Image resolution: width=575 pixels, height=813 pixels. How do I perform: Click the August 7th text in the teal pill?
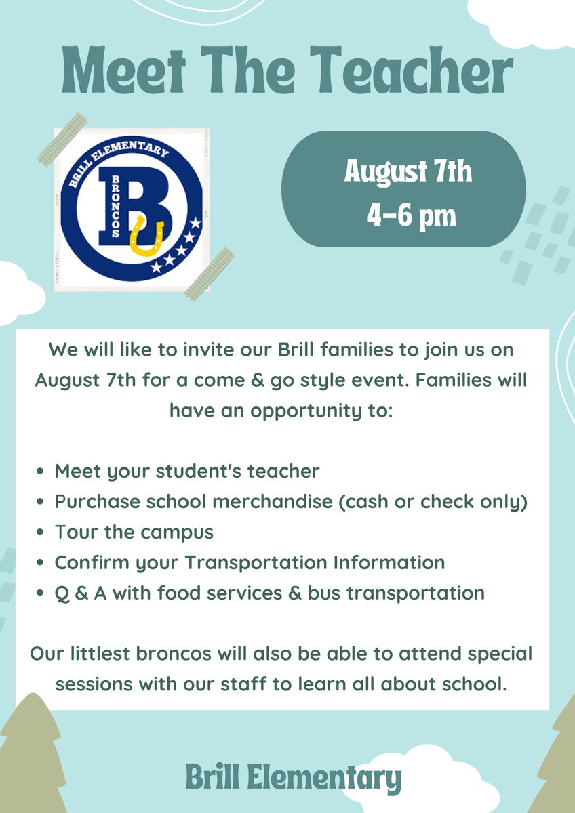(x=408, y=171)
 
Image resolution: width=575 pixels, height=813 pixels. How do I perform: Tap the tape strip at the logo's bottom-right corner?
(x=210, y=274)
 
